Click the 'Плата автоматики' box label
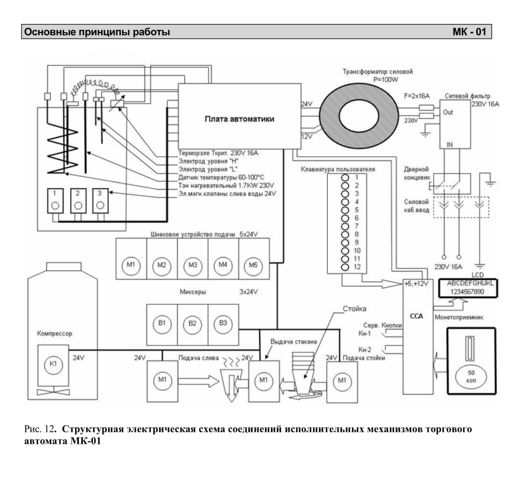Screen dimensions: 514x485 click(239, 119)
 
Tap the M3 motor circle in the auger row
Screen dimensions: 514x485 click(193, 265)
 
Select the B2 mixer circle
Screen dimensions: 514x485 click(193, 324)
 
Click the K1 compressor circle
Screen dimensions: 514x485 click(53, 364)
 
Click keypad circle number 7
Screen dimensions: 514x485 click(345, 227)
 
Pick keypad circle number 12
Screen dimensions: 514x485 click(345, 267)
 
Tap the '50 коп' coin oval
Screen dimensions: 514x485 click(471, 377)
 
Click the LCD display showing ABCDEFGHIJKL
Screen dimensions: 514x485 click(468, 288)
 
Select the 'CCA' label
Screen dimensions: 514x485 click(417, 316)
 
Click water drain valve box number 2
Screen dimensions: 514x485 click(78, 201)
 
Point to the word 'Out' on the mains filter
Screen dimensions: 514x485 click(448, 112)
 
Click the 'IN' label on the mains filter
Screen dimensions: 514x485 click(450, 145)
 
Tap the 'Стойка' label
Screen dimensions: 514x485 click(354, 309)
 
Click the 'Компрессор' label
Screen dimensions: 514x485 click(55, 333)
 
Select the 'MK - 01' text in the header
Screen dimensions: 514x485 click(469, 32)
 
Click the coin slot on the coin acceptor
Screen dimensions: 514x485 click(471, 348)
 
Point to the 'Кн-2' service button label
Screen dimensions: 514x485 click(365, 350)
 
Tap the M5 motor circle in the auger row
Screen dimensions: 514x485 click(253, 265)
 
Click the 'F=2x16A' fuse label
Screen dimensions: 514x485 click(417, 96)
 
